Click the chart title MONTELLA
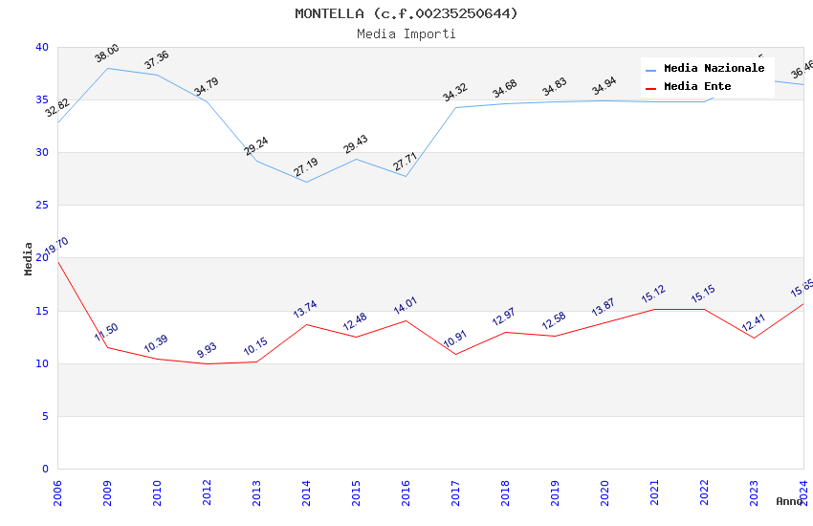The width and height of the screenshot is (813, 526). tap(406, 13)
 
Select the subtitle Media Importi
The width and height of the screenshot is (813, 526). tap(406, 33)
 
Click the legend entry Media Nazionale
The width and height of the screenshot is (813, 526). tap(714, 69)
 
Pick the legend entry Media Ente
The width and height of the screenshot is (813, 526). tap(697, 87)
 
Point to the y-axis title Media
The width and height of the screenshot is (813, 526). tap(29, 258)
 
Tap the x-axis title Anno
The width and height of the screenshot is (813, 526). tap(789, 501)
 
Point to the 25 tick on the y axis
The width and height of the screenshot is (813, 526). tap(42, 206)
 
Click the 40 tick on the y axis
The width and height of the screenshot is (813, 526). tap(42, 47)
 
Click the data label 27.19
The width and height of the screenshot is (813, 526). tap(306, 167)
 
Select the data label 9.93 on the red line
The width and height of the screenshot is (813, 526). tap(207, 350)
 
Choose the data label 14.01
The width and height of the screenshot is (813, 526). tap(406, 307)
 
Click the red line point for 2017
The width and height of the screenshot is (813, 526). tap(455, 354)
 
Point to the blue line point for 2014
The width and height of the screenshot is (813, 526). tap(306, 182)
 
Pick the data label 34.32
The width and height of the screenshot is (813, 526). tap(455, 93)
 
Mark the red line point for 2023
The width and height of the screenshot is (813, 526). tap(754, 338)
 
